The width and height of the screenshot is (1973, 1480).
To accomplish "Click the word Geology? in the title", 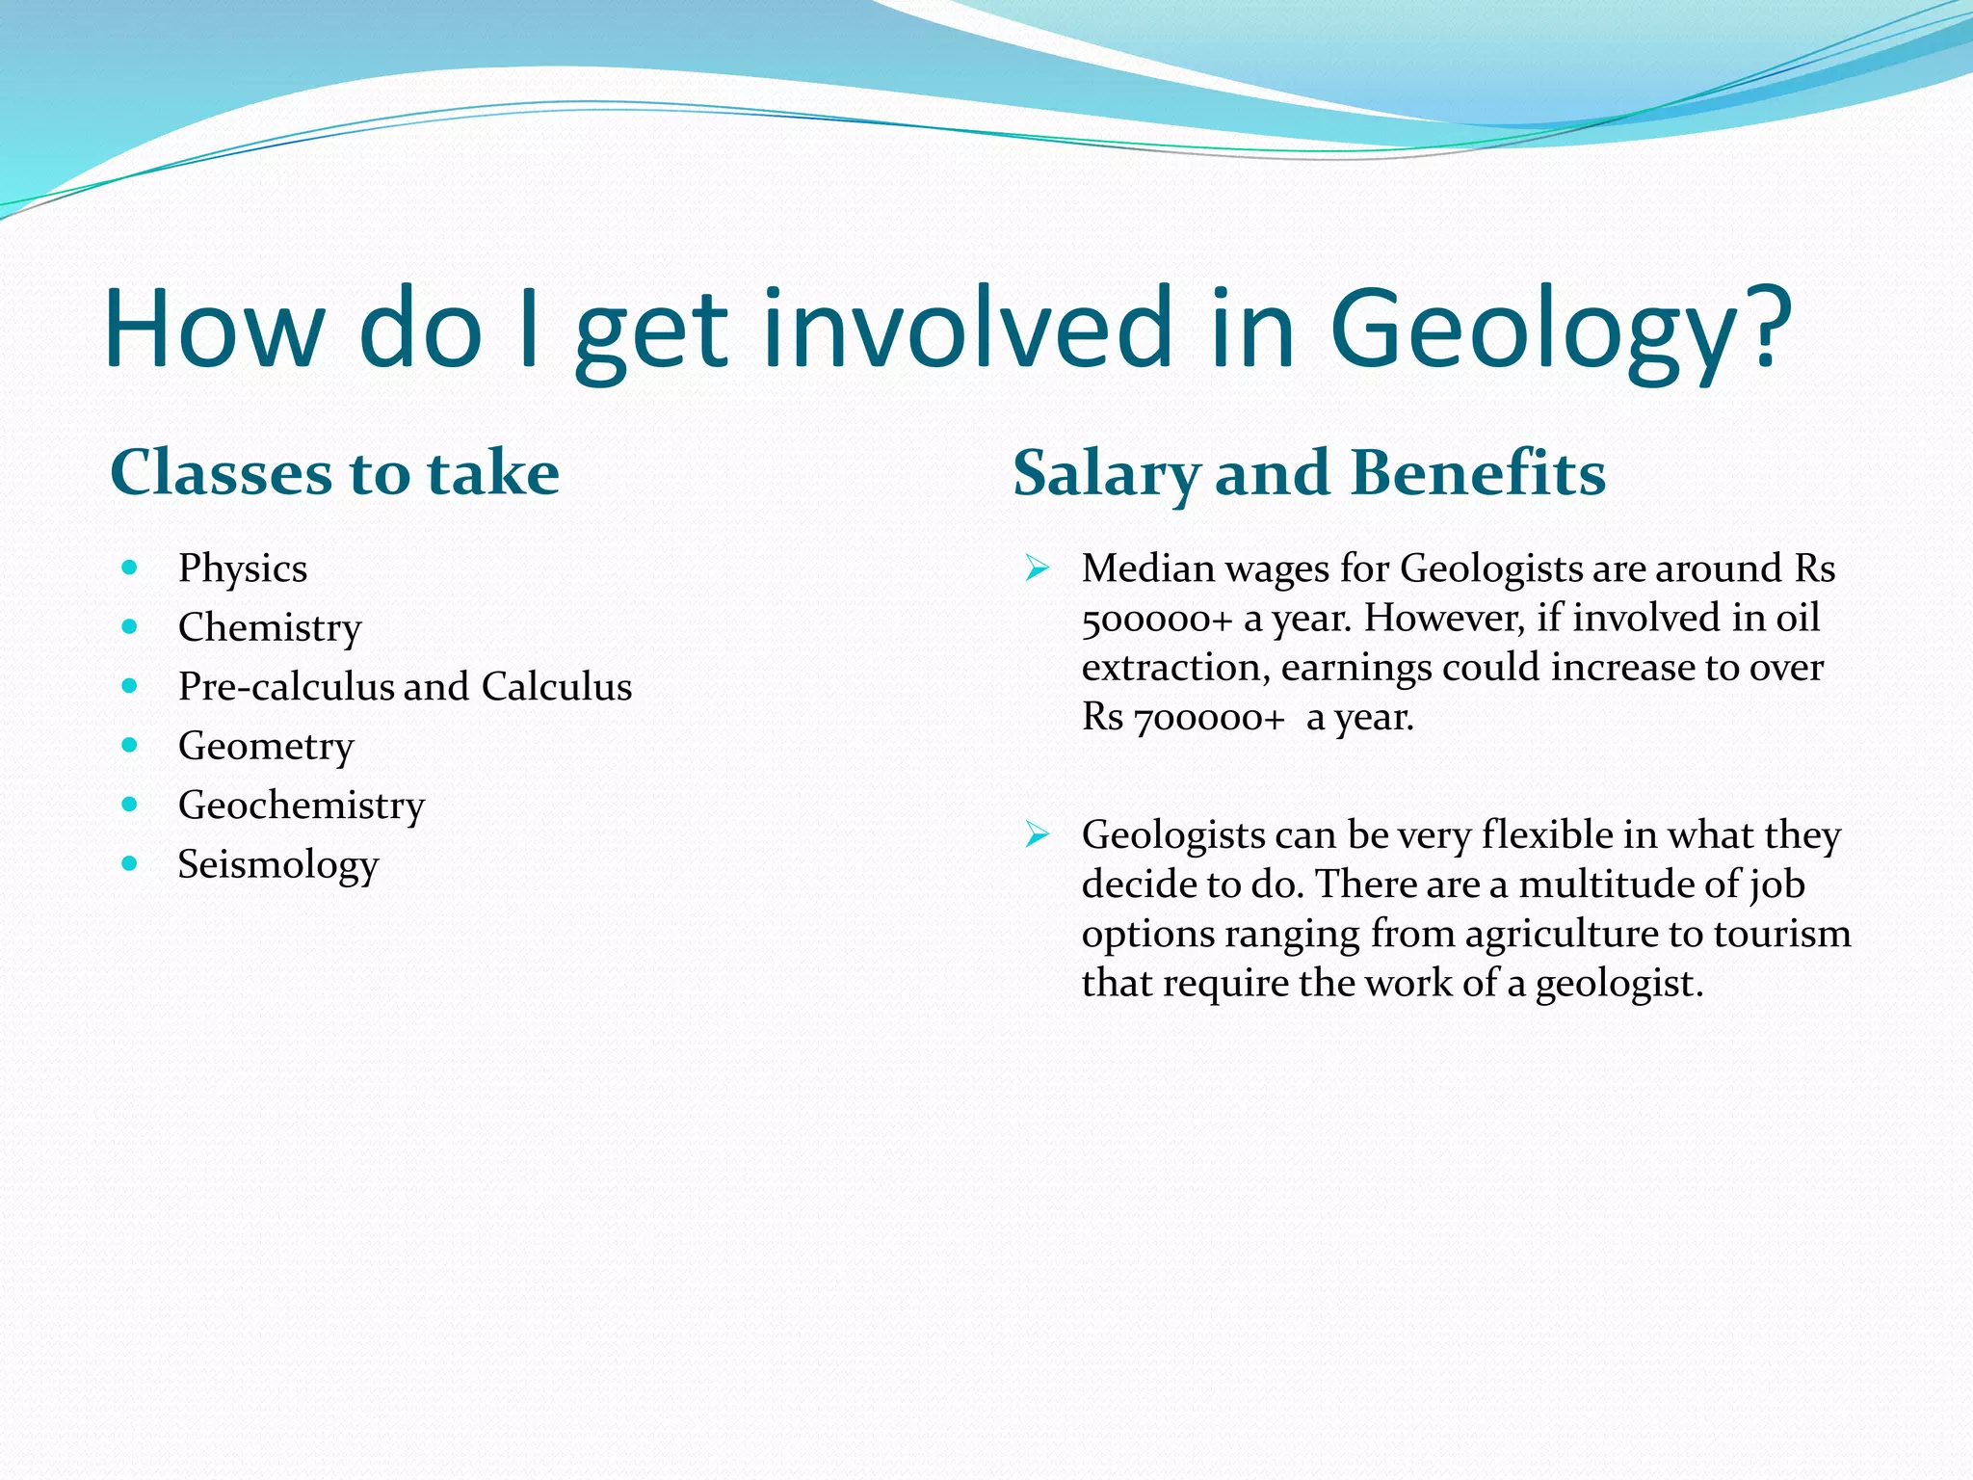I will pos(1561,330).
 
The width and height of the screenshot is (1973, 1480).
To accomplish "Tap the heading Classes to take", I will pos(334,473).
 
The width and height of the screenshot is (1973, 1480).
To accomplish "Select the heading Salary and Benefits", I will pos(1309,473).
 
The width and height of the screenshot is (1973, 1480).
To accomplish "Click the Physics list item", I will pos(243,568).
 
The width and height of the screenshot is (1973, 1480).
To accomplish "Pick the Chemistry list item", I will pos(270,627).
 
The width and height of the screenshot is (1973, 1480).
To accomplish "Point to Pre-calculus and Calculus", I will pos(405,686).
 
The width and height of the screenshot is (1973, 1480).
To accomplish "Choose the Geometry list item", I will pos(266,746).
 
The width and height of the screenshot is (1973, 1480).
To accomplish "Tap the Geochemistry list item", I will pos(302,805).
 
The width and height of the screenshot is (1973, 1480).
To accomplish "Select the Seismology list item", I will pos(278,864).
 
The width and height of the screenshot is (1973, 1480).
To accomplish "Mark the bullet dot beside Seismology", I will pos(130,863).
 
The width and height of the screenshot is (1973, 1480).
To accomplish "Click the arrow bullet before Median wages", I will pos(1037,568).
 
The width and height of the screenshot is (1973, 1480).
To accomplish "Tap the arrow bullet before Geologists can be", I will pos(1037,833).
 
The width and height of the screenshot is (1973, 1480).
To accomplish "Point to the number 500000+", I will pos(1157,619).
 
